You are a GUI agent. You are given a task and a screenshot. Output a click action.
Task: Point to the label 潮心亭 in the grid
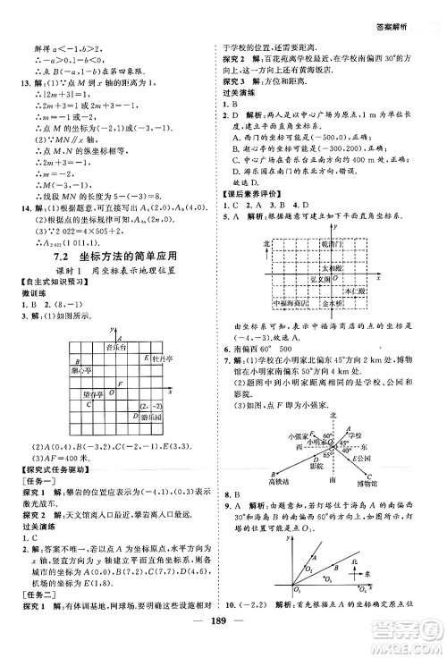[x=70, y=367]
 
